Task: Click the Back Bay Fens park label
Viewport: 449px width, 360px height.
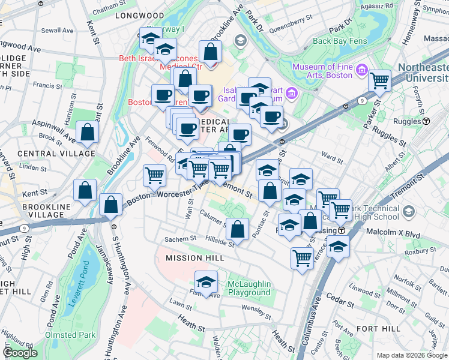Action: click(339, 41)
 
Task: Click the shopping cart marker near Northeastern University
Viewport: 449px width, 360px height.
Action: click(379, 80)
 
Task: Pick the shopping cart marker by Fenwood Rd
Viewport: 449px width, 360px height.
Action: click(154, 175)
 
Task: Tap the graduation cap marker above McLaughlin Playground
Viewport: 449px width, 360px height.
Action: click(206, 282)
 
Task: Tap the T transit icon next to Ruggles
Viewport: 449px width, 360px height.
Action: click(426, 121)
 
